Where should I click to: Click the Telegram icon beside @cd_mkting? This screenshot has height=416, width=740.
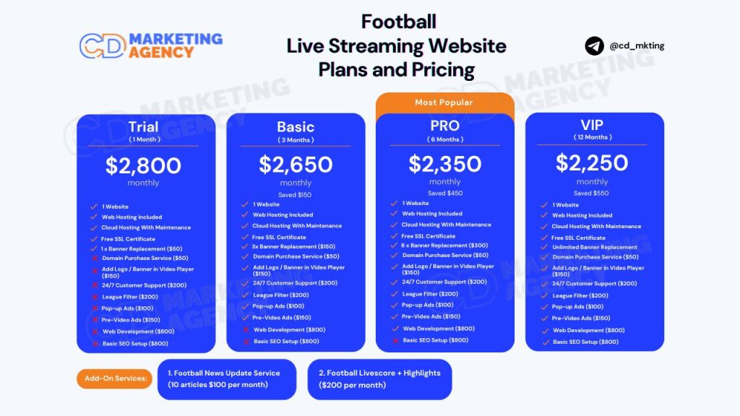(x=594, y=45)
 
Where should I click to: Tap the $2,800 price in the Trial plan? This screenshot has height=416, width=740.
(x=144, y=165)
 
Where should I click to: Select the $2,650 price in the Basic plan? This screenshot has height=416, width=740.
(x=296, y=165)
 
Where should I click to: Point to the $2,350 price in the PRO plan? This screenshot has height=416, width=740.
(x=445, y=164)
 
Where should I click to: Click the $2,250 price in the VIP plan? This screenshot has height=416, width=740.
(x=592, y=162)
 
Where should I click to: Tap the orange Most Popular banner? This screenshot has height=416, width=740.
(x=444, y=103)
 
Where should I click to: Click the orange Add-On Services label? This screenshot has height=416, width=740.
(x=115, y=378)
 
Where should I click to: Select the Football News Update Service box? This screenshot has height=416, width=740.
(x=227, y=379)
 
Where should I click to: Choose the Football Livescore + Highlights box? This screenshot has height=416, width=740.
(x=380, y=379)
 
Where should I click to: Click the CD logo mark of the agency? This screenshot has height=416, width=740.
(x=103, y=45)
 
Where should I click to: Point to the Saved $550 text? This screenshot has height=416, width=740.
(x=591, y=193)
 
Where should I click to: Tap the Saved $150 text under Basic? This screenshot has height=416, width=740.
(x=295, y=195)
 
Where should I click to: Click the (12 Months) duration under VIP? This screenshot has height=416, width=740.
(x=593, y=137)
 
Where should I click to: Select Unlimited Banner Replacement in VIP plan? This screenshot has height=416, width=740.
(x=595, y=247)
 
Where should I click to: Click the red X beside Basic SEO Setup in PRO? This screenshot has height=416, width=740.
(x=395, y=341)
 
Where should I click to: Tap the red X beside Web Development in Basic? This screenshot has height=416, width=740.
(x=246, y=329)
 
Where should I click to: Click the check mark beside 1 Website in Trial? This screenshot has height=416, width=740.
(x=94, y=207)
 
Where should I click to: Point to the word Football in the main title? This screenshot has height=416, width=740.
(x=399, y=22)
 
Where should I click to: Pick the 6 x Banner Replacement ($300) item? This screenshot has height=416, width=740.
(x=444, y=246)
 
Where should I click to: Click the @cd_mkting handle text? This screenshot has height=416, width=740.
(x=637, y=45)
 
